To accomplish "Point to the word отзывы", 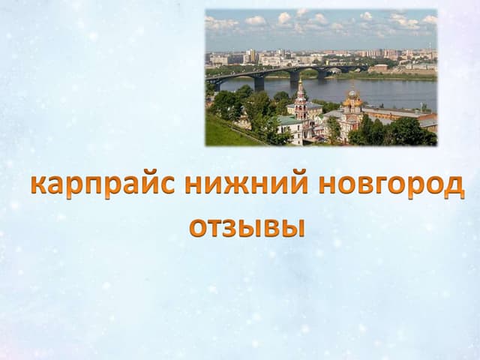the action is point(247,229).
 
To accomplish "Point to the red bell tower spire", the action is point(300,88).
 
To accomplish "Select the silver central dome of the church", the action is point(352,94).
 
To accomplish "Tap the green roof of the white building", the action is point(289,120).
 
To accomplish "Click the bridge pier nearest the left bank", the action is point(259,82).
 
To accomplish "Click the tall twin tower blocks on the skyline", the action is point(252,55).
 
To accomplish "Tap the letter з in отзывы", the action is point(229,229).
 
